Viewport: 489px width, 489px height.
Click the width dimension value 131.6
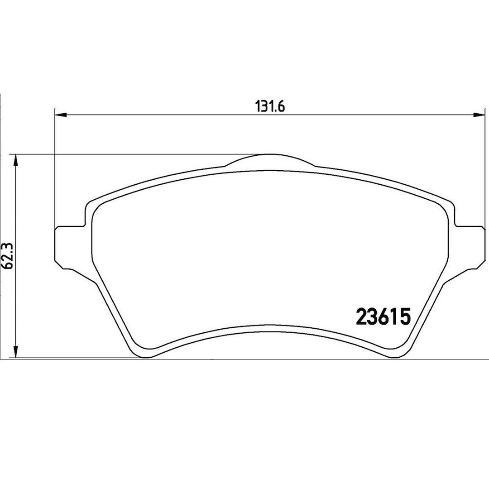pos(270,107)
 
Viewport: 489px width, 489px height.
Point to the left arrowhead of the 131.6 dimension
pos(61,115)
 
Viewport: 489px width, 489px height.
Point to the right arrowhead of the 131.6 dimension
pos(479,115)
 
